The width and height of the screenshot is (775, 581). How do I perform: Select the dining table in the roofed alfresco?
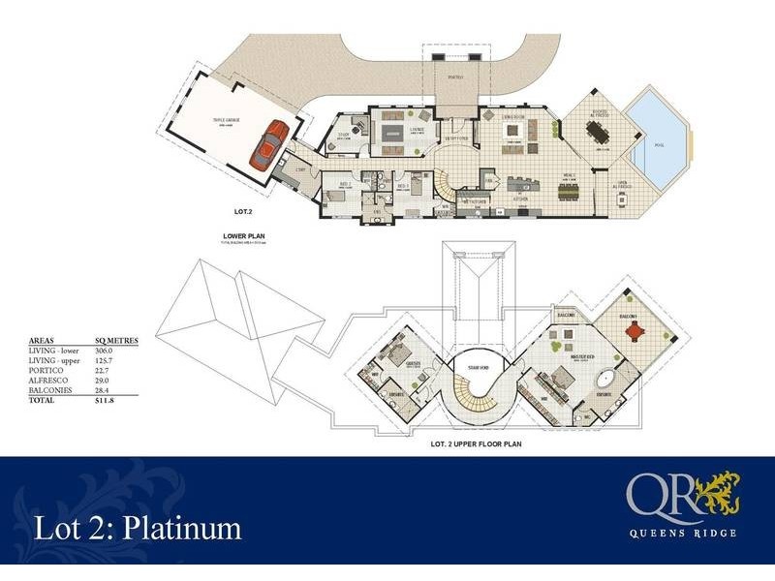(x=600, y=138)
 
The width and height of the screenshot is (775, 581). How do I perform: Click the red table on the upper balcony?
(x=635, y=331)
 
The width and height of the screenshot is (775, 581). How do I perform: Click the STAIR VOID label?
(x=475, y=367)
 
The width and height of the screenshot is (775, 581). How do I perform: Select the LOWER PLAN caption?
(x=243, y=234)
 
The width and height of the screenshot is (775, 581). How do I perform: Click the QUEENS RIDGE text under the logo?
(x=681, y=533)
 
